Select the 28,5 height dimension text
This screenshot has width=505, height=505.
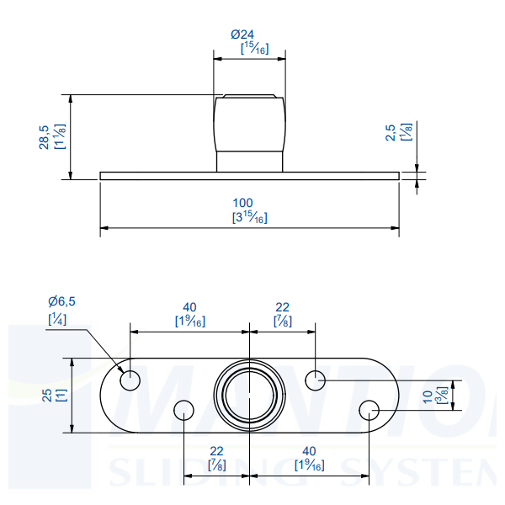[x=44, y=136]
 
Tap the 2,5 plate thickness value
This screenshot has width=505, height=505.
[x=390, y=132]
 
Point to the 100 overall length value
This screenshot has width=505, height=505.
[x=242, y=203]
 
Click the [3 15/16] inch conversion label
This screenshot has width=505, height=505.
[x=249, y=217]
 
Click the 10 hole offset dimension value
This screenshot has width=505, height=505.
[x=428, y=395]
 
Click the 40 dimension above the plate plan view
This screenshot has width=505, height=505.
[x=189, y=306]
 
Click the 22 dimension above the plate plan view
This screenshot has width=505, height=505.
[x=282, y=306]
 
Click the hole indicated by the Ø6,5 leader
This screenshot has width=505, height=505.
[x=130, y=380]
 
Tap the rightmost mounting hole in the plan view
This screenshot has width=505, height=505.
[x=369, y=410]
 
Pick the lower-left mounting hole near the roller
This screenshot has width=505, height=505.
[x=183, y=410]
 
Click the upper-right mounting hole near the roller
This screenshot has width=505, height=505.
[x=316, y=380]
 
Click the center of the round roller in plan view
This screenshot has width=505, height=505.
[x=249, y=395]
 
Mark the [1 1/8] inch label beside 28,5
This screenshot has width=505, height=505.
[x=60, y=136]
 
